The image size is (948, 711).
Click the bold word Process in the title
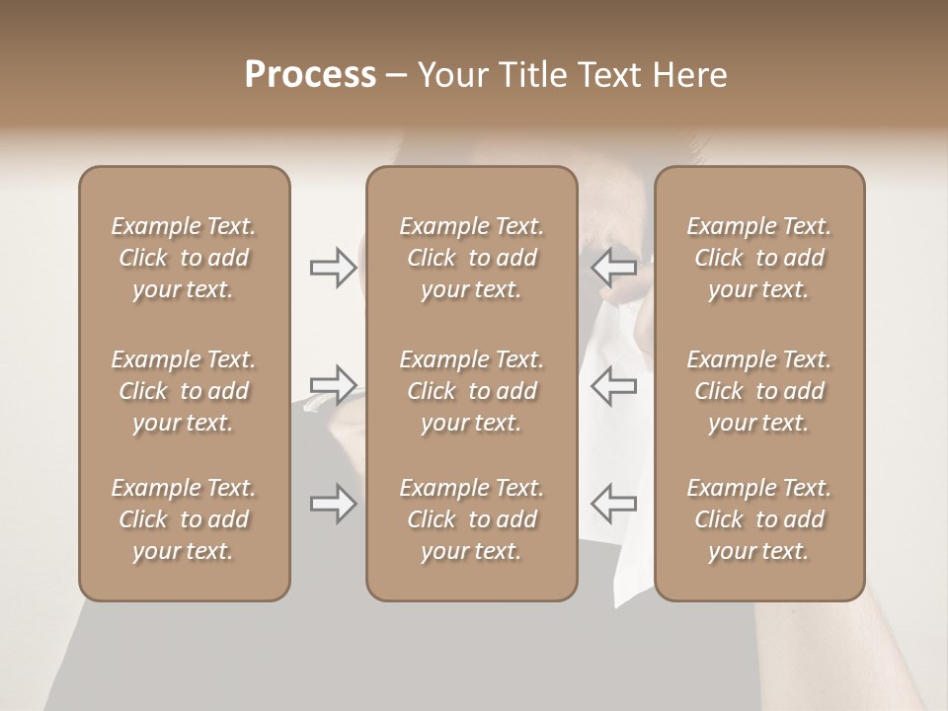click(x=310, y=75)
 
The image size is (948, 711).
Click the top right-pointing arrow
click(x=334, y=267)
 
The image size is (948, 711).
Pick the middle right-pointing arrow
click(x=334, y=385)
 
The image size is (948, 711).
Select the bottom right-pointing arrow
click(x=334, y=504)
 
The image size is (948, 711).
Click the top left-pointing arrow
click(x=613, y=267)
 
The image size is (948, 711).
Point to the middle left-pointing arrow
click(x=613, y=385)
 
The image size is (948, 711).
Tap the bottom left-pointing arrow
click(x=613, y=504)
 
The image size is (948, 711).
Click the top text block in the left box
click(x=184, y=258)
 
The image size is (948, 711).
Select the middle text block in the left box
click(x=184, y=391)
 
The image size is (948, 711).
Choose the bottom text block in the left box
click(x=184, y=519)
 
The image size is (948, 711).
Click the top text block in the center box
click(x=471, y=258)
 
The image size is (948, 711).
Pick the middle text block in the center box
click(x=471, y=391)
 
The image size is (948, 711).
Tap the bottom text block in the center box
click(x=471, y=519)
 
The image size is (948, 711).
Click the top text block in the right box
click(x=759, y=258)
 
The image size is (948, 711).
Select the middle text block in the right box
click(x=759, y=391)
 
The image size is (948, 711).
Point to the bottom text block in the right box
click(x=759, y=519)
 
